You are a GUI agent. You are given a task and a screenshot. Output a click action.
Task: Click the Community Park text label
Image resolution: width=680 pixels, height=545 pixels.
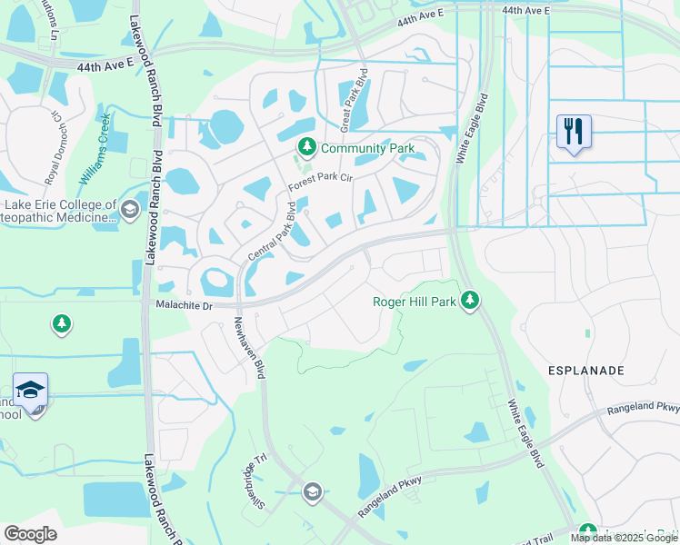(368, 148)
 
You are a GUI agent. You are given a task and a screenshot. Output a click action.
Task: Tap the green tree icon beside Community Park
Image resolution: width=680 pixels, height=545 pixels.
(307, 147)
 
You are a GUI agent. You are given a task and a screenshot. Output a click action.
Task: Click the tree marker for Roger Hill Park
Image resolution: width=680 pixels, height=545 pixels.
(469, 300)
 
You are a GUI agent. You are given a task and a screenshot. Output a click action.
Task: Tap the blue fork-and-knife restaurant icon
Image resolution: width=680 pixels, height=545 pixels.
(574, 132)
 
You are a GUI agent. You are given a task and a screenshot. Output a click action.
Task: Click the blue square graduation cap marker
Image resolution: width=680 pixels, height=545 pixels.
(31, 390)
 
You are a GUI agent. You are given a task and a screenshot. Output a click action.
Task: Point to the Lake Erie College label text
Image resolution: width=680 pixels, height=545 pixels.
(60, 212)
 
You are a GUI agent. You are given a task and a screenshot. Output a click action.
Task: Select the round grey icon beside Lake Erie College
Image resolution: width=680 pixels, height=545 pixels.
(130, 211)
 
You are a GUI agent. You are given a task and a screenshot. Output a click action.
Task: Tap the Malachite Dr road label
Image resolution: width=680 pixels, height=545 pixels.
(183, 306)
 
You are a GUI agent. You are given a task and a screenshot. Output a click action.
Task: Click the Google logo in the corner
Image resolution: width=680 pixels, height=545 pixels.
(30, 534)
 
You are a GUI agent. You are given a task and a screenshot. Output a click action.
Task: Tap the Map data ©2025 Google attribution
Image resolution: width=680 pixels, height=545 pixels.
(624, 538)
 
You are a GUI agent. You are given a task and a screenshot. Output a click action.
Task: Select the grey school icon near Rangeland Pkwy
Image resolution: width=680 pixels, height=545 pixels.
(313, 492)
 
